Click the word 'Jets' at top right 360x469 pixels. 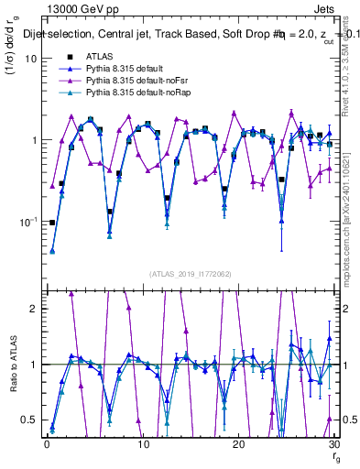click(x=323, y=7)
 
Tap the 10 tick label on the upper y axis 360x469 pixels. click(x=30, y=59)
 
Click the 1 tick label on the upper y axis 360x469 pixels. click(x=33, y=140)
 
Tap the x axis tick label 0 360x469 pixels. click(x=46, y=444)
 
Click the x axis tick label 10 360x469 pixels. click(x=142, y=444)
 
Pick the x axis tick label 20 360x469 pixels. click(x=238, y=444)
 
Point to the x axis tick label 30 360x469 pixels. click(x=333, y=444)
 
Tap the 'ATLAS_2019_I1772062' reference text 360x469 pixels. click(x=190, y=273)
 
